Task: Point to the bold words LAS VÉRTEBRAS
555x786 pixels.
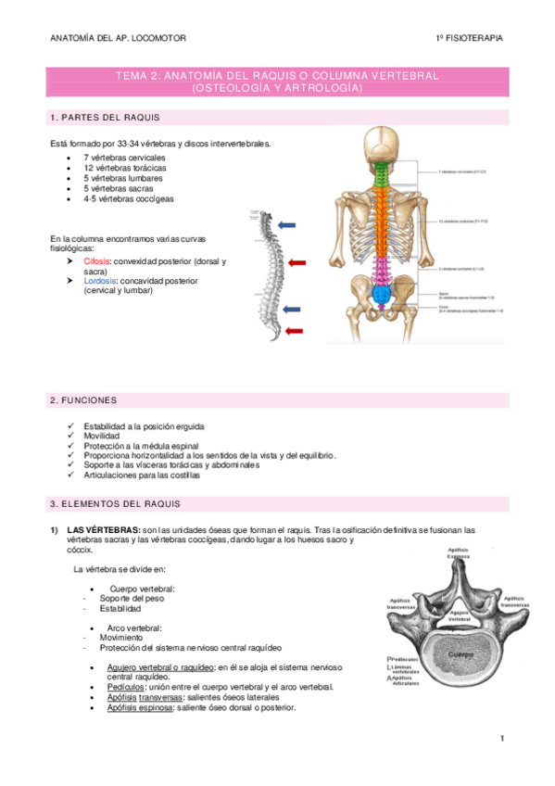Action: pyautogui.click(x=103, y=530)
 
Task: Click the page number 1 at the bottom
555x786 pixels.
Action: pyautogui.click(x=501, y=739)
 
